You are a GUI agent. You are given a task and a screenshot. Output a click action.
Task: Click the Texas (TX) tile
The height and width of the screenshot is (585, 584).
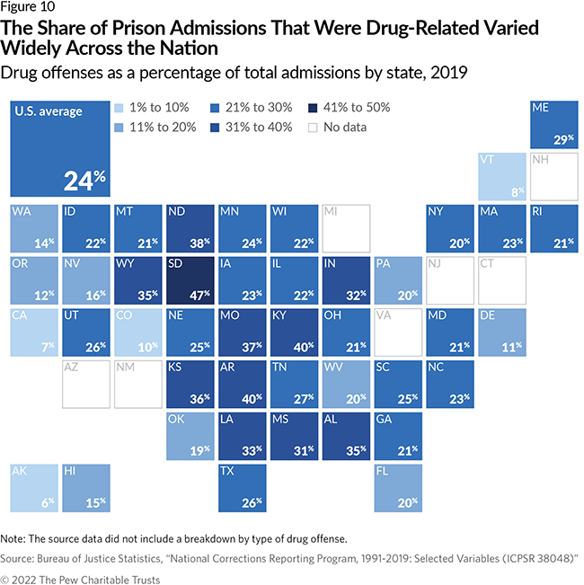242,487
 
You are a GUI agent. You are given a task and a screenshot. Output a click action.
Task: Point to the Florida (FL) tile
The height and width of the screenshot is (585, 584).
398,487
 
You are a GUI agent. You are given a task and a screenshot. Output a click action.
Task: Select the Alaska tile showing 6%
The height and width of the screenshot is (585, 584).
33,487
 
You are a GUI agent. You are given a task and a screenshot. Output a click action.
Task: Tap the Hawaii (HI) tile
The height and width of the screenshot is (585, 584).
85,487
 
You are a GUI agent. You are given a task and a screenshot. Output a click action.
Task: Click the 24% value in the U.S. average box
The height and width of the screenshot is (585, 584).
84,181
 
